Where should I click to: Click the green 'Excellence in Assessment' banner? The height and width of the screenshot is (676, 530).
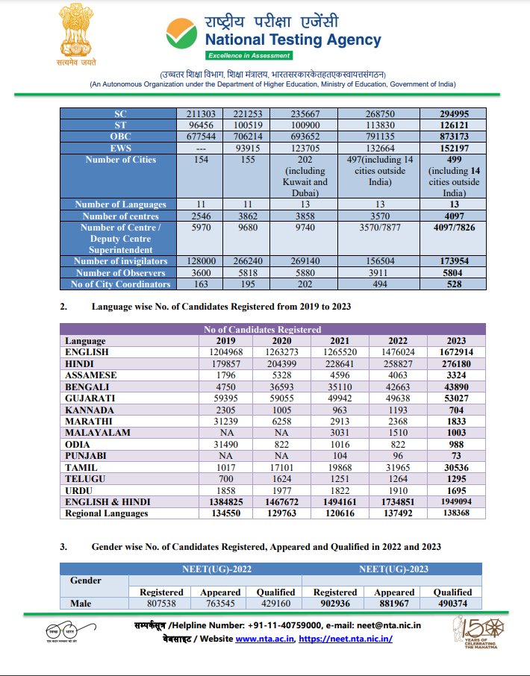point(249,55)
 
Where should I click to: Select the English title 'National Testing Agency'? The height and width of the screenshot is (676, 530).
point(293,40)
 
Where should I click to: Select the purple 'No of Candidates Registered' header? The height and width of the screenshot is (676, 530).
point(272,329)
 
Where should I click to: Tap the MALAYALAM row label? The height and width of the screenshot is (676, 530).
point(98,433)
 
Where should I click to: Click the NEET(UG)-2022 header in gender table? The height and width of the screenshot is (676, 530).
point(216,569)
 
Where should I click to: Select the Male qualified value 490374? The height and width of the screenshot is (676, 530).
point(452,604)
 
